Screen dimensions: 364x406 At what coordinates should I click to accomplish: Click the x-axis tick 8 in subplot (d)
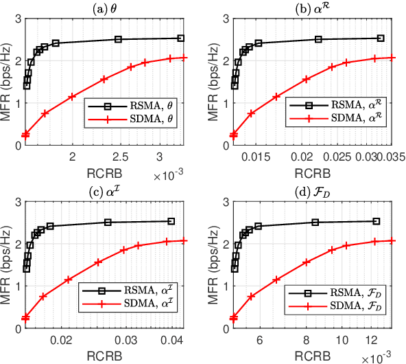[x=307, y=339]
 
